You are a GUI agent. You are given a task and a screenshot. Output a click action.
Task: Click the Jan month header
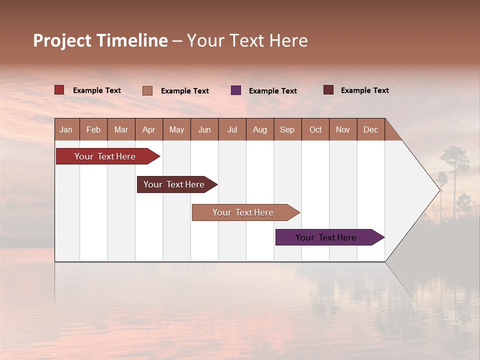[66, 129]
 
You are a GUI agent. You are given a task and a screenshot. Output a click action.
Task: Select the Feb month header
[93, 129]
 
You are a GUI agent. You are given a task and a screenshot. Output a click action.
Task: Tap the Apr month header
[148, 129]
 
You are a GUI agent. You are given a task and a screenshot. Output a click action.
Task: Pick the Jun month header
[204, 129]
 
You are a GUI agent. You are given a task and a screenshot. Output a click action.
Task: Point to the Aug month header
[259, 129]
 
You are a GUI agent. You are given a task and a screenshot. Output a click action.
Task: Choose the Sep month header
[287, 129]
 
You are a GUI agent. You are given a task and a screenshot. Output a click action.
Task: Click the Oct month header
[315, 129]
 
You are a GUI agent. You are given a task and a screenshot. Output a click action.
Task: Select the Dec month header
[370, 129]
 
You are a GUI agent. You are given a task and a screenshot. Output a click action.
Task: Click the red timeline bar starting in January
[105, 156]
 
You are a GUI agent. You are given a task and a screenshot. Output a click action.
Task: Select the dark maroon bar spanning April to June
[174, 184]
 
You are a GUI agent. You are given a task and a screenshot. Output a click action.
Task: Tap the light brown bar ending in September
[243, 212]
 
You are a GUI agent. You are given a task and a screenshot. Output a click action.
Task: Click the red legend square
[59, 90]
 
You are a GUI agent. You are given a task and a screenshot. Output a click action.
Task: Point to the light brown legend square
[147, 90]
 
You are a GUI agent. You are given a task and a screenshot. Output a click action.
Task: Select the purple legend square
[236, 90]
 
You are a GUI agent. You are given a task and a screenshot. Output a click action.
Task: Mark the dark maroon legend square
[328, 90]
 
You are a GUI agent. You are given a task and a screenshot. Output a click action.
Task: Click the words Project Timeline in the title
[100, 40]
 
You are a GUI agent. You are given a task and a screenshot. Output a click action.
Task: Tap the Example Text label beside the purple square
[273, 91]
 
